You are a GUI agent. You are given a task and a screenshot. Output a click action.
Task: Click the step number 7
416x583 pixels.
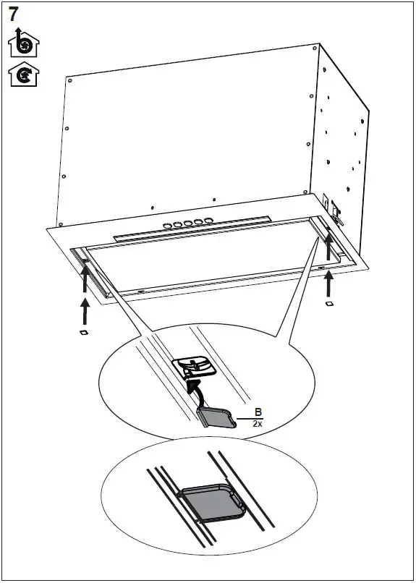tap(14, 13)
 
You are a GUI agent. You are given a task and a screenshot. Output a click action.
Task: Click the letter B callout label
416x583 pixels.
tap(257, 413)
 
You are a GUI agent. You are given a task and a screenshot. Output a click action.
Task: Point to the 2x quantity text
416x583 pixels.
tap(257, 425)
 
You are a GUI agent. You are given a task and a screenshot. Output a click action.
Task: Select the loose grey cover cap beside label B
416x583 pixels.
tap(215, 417)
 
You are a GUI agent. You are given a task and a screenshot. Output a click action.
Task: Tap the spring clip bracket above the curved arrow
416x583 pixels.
tap(195, 367)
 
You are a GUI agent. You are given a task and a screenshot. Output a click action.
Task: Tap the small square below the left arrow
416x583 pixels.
tap(83, 333)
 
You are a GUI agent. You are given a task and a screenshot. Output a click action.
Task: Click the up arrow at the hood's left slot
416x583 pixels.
tap(85, 276)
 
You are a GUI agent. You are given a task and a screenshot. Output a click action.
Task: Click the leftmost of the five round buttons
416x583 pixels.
tap(167, 226)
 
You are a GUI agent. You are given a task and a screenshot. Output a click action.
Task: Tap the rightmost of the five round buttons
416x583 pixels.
tap(209, 220)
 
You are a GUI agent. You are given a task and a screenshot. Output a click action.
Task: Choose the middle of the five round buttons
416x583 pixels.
tap(188, 223)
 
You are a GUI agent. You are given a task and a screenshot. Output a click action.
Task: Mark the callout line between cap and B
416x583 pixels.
tap(243, 419)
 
